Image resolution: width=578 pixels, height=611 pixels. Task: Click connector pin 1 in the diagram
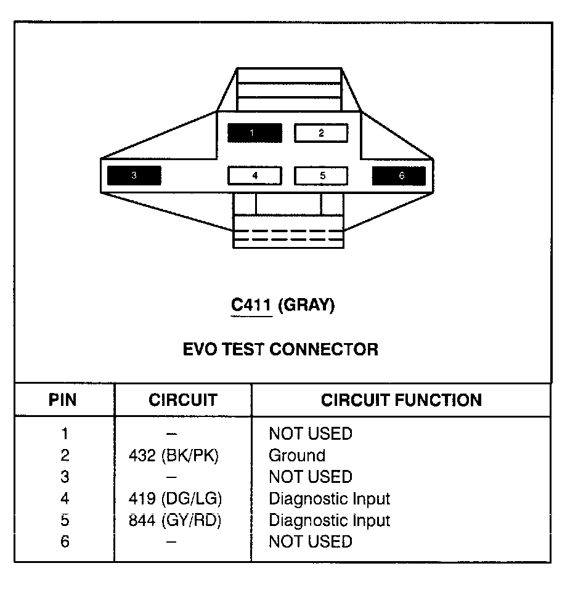[254, 133]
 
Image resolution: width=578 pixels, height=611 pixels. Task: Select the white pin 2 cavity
[320, 133]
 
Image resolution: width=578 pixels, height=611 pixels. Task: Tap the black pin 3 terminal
[134, 176]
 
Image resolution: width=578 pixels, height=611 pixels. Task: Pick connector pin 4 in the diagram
[254, 176]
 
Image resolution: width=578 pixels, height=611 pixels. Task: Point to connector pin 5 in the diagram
[321, 176]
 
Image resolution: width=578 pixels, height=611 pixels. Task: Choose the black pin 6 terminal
[399, 176]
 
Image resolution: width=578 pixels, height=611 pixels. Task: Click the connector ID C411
[251, 305]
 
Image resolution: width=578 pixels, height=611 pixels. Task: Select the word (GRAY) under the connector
[306, 305]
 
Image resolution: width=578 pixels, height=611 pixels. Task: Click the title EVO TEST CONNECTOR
[280, 350]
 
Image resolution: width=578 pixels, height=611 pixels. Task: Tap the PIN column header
[63, 400]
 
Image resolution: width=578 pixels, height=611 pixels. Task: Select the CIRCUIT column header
[182, 400]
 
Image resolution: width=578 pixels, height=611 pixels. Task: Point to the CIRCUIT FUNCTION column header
[401, 400]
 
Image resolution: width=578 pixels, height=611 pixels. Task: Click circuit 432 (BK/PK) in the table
[174, 456]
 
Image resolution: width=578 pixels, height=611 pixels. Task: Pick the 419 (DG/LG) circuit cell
[175, 499]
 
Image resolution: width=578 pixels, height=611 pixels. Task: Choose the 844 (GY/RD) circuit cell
[174, 520]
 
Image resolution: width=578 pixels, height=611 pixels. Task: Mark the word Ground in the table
[296, 456]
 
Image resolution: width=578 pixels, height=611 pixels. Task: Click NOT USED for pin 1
[310, 434]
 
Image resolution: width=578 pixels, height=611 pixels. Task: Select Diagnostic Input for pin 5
[329, 520]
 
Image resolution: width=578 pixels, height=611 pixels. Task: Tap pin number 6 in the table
[65, 542]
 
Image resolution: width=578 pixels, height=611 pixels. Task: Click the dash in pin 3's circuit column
[172, 477]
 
